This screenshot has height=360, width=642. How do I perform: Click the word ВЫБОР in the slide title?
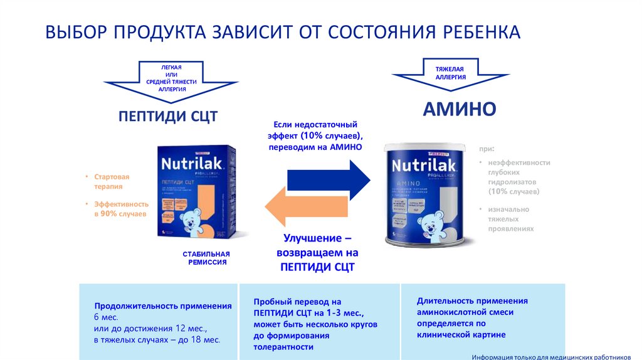click(75, 32)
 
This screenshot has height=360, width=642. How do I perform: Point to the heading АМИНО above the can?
click(459, 109)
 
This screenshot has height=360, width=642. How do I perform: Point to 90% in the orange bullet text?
click(110, 214)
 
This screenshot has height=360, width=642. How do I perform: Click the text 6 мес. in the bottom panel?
click(107, 317)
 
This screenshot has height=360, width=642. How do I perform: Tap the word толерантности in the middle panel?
click(283, 346)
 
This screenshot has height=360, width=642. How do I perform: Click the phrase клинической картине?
click(461, 335)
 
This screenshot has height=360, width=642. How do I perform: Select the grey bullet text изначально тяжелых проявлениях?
click(510, 219)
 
